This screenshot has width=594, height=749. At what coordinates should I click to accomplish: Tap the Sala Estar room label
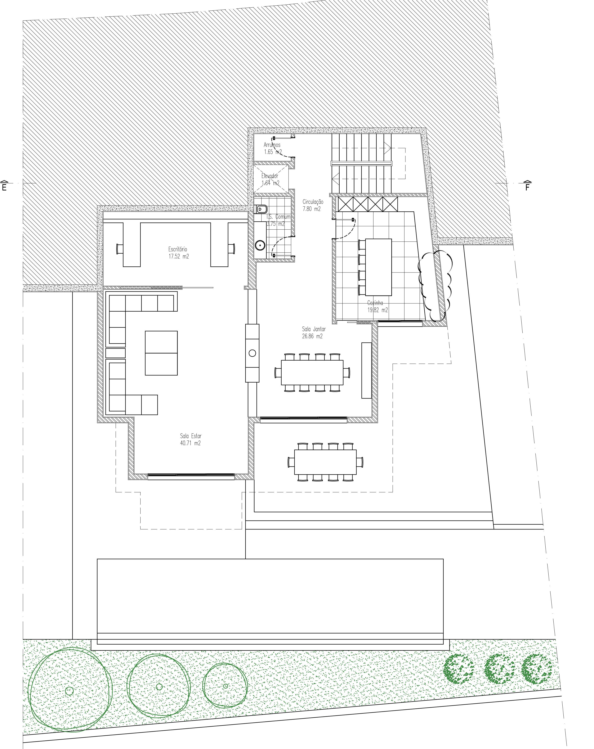click(191, 436)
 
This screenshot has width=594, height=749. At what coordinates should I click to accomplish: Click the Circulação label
click(313, 202)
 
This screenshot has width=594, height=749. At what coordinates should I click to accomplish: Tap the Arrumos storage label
click(272, 145)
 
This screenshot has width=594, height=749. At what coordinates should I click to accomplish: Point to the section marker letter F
click(527, 188)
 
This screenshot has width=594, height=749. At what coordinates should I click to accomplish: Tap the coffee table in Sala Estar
click(161, 353)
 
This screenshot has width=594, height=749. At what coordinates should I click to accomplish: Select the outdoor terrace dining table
click(325, 462)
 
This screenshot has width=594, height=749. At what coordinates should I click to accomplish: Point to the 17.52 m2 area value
click(179, 256)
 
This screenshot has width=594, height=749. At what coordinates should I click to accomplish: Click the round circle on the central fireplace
click(252, 353)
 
